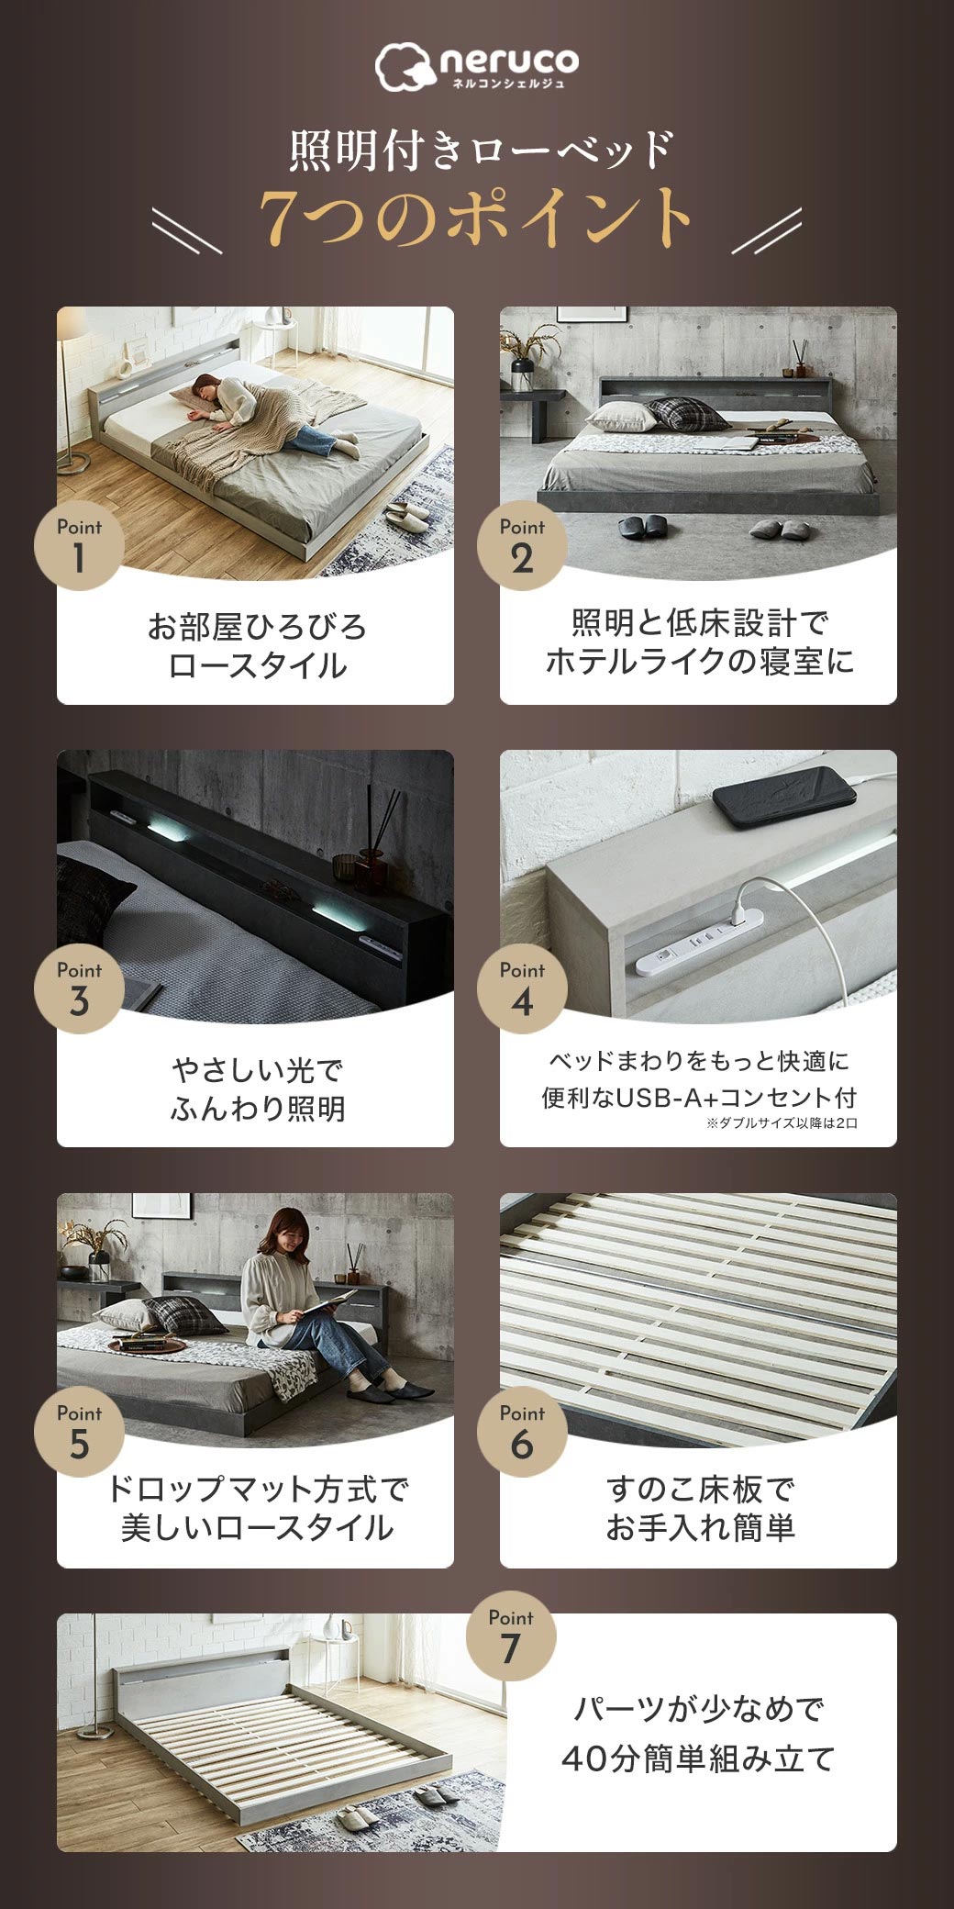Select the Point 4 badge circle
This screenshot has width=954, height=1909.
(x=522, y=988)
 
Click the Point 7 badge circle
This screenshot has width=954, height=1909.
(x=511, y=1636)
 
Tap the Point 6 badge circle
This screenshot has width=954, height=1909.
(x=522, y=1432)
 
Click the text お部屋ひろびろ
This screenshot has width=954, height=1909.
(x=257, y=628)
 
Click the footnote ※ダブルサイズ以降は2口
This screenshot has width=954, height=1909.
(x=782, y=1123)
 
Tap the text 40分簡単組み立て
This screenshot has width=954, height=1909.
(x=698, y=1759)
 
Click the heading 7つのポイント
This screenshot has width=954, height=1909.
(x=476, y=218)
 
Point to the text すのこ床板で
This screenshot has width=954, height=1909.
(x=699, y=1489)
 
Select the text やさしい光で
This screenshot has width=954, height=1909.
(x=257, y=1070)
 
